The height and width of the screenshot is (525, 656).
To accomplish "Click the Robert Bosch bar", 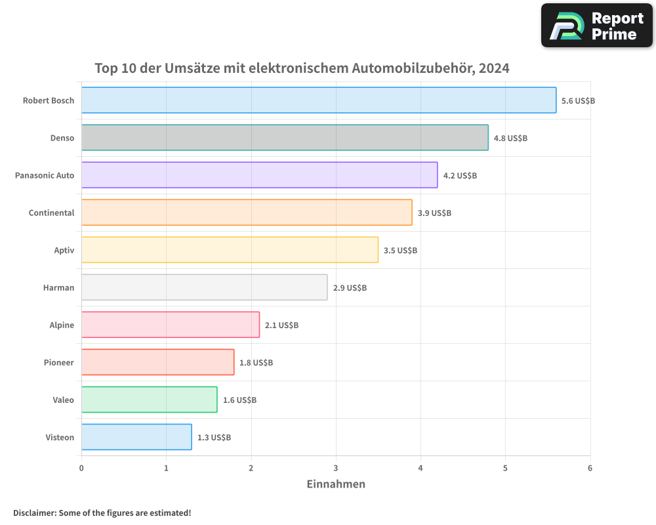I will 319,100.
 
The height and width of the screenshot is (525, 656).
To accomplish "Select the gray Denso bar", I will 285,138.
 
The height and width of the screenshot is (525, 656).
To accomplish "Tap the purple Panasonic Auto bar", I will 259,175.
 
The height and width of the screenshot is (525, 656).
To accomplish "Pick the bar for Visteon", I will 136,437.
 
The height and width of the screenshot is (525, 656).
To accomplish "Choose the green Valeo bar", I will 149,400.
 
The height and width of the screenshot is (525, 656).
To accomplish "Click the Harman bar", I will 204,287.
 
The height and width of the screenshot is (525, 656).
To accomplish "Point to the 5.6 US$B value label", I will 578,101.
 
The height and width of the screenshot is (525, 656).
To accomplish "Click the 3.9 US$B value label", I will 434,213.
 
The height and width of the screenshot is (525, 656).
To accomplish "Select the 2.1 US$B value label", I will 281,325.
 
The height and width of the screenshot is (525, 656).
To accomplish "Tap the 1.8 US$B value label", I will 256,363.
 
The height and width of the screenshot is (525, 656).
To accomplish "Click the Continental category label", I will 51,213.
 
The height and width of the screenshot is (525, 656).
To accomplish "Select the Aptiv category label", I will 64,250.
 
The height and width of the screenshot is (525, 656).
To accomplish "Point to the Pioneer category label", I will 59,362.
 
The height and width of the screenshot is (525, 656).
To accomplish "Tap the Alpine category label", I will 62,325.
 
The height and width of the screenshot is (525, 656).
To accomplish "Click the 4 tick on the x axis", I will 420,468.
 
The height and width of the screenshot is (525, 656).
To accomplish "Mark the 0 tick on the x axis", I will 81,468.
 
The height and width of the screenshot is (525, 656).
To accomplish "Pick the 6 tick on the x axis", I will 590,468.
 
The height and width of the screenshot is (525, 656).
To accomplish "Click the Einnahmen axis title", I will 336,484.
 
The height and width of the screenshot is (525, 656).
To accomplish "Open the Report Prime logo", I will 596,26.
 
